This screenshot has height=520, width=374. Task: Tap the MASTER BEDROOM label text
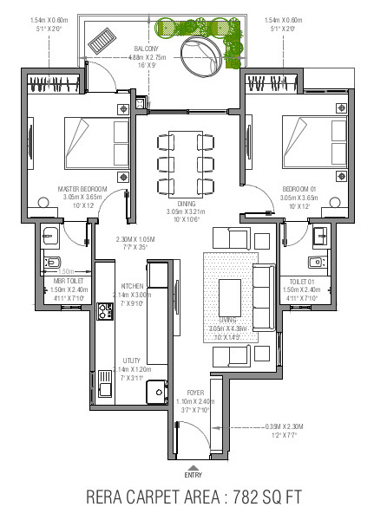[x=82, y=188]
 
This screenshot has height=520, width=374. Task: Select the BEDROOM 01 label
[x=300, y=188]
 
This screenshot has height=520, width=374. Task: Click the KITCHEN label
[x=132, y=285]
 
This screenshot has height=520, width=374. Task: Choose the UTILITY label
[x=132, y=360]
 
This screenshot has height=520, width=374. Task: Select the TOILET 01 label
[x=301, y=282]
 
